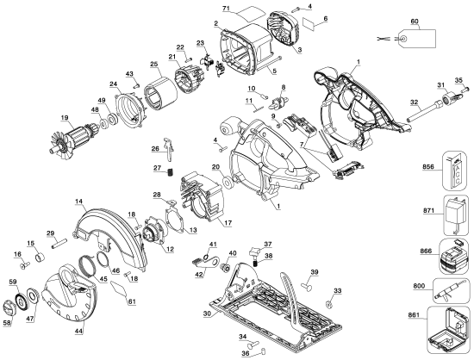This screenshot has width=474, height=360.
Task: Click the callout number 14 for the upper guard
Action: [78, 202]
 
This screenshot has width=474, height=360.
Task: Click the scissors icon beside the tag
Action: [385, 38]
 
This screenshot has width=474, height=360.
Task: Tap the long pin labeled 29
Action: [62, 245]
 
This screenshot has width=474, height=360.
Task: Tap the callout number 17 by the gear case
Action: [228, 224]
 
